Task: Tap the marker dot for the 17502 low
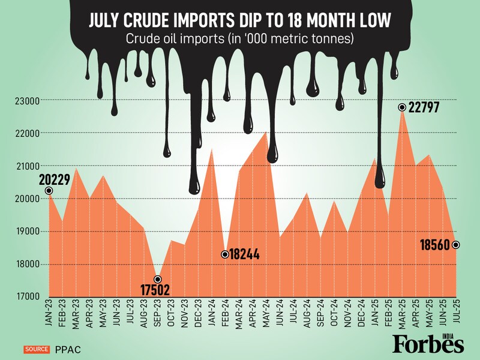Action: coord(158,280)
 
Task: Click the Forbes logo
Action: coord(428,343)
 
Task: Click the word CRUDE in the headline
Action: coord(160,22)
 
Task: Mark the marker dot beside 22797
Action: coord(402,107)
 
